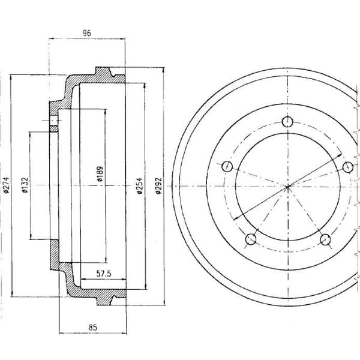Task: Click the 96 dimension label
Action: pyautogui.click(x=87, y=33)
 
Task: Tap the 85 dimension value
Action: pyautogui.click(x=93, y=328)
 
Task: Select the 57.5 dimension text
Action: pyautogui.click(x=104, y=274)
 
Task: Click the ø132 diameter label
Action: pyautogui.click(x=25, y=185)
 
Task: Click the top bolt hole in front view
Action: pyautogui.click(x=287, y=122)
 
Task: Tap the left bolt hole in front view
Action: pyautogui.click(x=227, y=166)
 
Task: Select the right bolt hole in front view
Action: pyautogui.click(x=348, y=167)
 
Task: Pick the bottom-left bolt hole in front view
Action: pyautogui.click(x=251, y=239)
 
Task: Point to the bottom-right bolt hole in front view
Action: pyautogui.click(x=325, y=239)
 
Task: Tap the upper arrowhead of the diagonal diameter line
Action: pyautogui.click(x=340, y=155)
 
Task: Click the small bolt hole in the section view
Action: pyautogui.click(x=54, y=121)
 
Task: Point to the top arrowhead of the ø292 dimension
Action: pyautogui.click(x=163, y=70)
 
